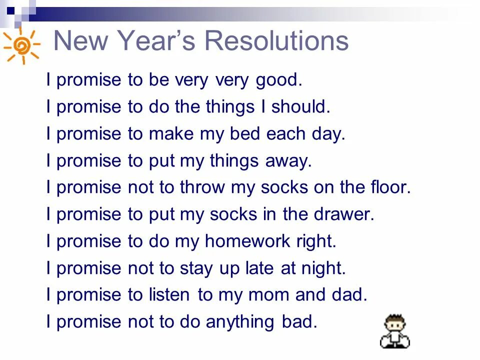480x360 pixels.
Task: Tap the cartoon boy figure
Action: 394,331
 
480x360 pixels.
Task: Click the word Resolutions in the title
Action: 277,41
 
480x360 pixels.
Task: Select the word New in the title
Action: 80,41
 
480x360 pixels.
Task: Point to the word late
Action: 255,269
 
